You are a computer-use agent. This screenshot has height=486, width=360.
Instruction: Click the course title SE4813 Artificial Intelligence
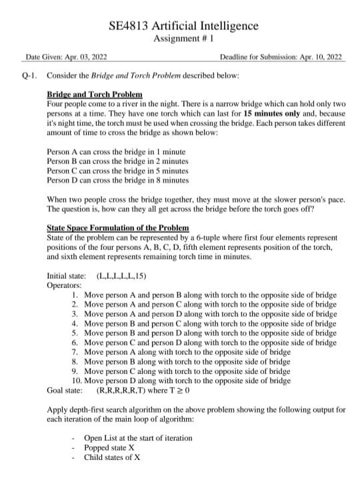point(183,26)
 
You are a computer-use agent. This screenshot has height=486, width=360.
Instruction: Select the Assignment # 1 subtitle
point(183,39)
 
